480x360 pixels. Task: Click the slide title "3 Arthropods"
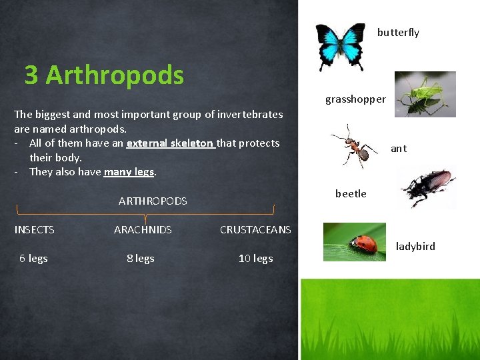tap(104, 75)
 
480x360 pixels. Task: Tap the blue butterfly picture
tap(340, 45)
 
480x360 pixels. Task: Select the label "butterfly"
tap(398, 33)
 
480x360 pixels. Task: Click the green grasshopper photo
tap(425, 94)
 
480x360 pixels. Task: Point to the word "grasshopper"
tap(355, 99)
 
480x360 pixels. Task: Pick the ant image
tap(353, 145)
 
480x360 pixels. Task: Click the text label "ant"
tap(398, 149)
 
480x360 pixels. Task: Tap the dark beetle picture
tap(427, 188)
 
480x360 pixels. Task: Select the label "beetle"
tap(351, 194)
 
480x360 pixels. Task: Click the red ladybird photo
tap(354, 242)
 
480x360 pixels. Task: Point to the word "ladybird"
tap(415, 247)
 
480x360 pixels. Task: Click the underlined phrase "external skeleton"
tap(170, 143)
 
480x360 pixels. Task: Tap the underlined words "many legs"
tap(129, 172)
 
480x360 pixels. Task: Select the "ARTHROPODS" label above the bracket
tap(153, 201)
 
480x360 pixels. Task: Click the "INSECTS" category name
tap(35, 230)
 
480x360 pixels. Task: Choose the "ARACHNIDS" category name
tap(143, 230)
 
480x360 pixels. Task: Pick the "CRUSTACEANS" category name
tap(255, 230)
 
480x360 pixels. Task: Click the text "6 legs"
tap(33, 259)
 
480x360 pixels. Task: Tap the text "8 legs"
tap(141, 259)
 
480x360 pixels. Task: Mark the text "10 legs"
tap(256, 259)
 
